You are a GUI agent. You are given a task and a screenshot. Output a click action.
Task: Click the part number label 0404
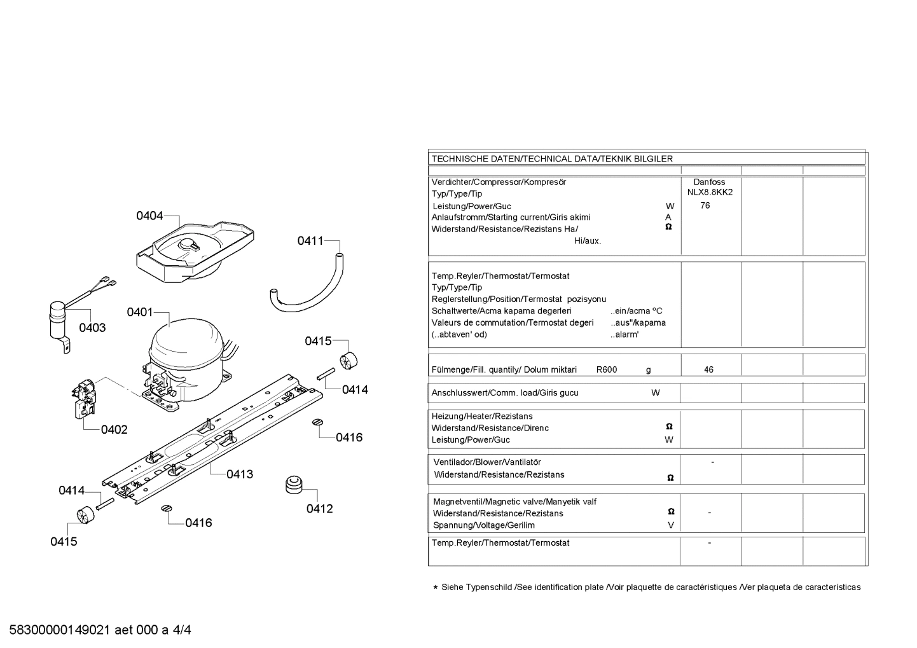pos(149,216)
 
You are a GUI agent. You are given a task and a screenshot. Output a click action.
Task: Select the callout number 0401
pos(140,312)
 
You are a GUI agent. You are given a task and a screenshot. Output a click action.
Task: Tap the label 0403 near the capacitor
pos(92,327)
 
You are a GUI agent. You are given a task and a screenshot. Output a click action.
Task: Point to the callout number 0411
pos(310,241)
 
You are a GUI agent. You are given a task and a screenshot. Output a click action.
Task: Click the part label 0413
pos(240,474)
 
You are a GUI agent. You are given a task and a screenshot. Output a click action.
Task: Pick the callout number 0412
pos(320,509)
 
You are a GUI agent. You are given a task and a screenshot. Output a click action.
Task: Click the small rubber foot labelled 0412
pos(294,485)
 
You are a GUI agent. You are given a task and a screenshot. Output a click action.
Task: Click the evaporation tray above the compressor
pos(195,252)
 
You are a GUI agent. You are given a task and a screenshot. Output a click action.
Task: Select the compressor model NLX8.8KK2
pos(710,193)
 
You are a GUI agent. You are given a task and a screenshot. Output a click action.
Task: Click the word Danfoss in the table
pos(709,182)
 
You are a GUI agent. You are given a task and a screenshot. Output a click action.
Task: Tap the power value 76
pos(705,205)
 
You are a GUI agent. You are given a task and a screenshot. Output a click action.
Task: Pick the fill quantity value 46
pos(708,369)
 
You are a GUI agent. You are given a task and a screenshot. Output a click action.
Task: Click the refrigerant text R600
pos(607,369)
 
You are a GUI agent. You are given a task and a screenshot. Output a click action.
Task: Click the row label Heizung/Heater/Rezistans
pos(482,417)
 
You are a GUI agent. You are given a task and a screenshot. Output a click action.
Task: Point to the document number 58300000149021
pos(60,630)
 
